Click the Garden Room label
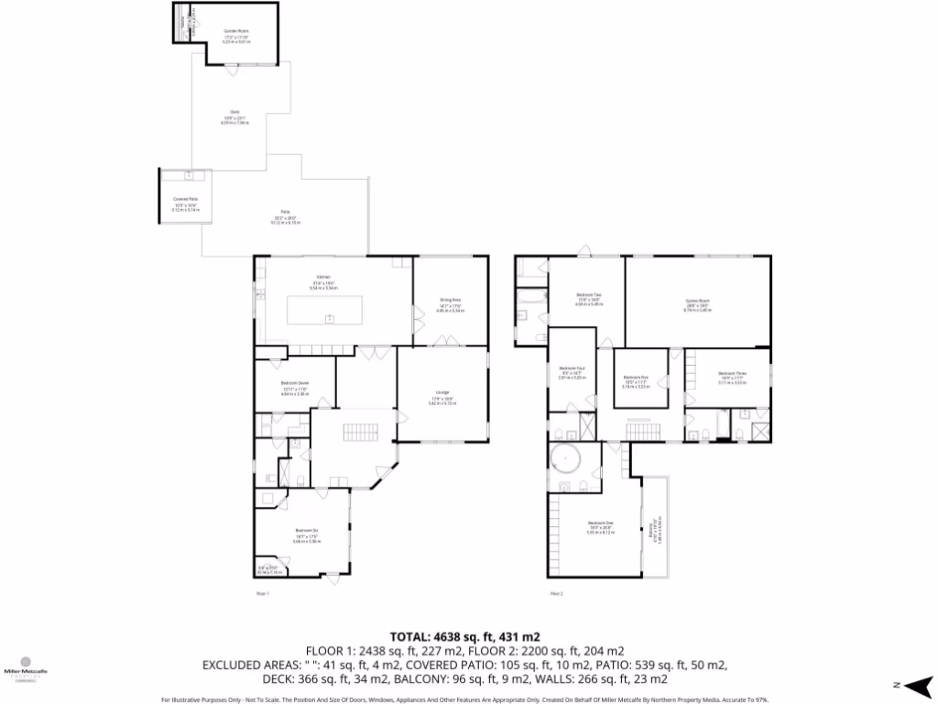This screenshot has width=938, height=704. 237,31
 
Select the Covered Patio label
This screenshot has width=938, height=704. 186,199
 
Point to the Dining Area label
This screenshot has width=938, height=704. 450,300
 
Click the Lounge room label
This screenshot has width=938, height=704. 442,393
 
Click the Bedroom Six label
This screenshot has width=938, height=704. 306,531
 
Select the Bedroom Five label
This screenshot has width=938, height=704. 636,377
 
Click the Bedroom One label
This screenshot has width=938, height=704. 601,523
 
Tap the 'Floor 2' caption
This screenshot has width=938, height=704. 555,594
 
